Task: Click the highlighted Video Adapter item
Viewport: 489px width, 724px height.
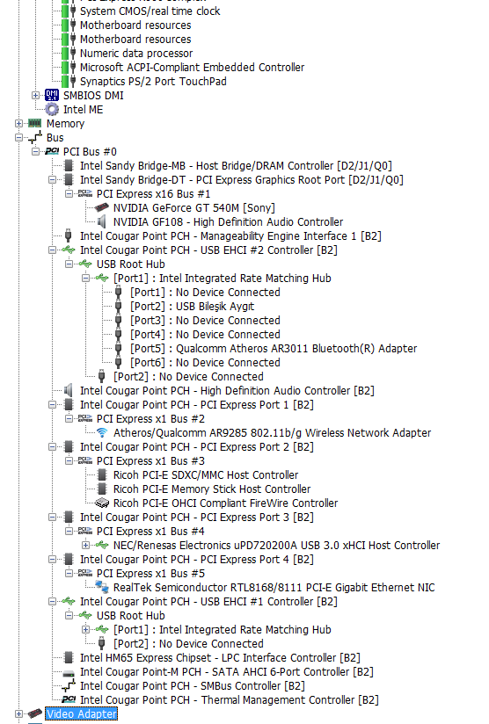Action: click(81, 713)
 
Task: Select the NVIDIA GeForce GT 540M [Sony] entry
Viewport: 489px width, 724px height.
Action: click(194, 208)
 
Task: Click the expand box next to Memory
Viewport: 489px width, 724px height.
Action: click(18, 124)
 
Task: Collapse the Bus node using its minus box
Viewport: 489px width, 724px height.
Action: click(18, 138)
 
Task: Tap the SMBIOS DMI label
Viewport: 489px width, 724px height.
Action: click(93, 96)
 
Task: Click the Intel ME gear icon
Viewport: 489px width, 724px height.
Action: click(52, 110)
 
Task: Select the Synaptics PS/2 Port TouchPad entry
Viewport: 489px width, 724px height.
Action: click(153, 82)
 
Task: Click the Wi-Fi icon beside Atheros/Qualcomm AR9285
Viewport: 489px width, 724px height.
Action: click(102, 432)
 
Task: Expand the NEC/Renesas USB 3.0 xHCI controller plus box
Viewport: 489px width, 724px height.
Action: click(85, 546)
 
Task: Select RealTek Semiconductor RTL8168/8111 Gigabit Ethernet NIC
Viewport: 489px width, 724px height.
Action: click(274, 588)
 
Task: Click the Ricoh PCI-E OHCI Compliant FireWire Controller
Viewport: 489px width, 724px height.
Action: click(225, 503)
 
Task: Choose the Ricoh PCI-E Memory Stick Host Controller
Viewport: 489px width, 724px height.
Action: click(212, 489)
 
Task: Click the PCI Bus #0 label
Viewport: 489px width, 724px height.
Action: click(90, 152)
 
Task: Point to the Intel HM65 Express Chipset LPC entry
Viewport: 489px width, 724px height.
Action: click(220, 658)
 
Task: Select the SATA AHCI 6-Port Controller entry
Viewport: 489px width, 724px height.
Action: click(227, 672)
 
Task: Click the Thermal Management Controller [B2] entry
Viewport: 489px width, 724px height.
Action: click(230, 700)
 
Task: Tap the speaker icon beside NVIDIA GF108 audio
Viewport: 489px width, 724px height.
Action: click(102, 222)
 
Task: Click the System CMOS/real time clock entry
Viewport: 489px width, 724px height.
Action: click(150, 11)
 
